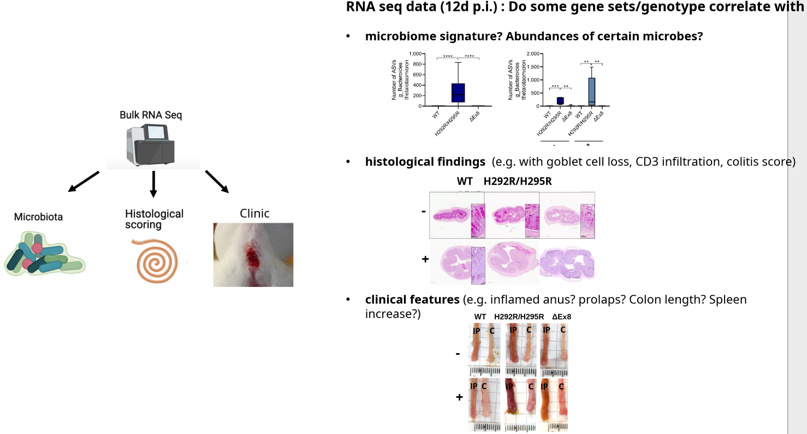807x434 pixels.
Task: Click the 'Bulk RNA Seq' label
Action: coord(151,115)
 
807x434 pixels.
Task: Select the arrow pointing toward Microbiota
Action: coord(84,181)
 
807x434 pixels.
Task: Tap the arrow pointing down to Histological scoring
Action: coord(153,184)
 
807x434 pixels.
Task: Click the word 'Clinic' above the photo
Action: coord(254,213)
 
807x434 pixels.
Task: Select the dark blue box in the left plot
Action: coord(458,92)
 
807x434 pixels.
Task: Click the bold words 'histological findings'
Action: coord(425,162)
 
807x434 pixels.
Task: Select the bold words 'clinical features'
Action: coord(412,300)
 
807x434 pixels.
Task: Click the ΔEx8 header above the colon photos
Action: coord(561,316)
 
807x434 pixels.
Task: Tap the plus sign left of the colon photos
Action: coord(459,397)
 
